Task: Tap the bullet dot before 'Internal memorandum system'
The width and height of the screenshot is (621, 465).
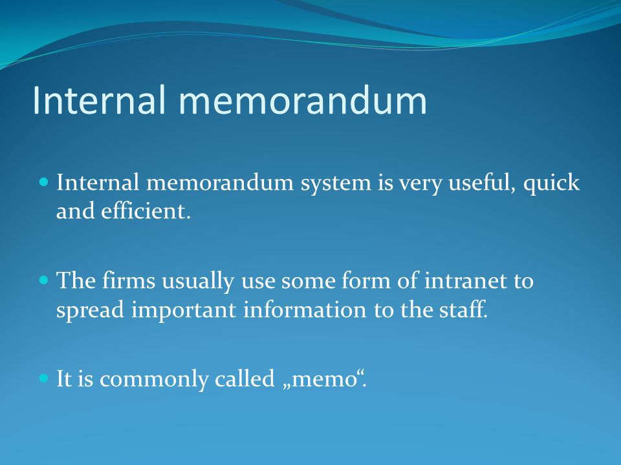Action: [x=44, y=182]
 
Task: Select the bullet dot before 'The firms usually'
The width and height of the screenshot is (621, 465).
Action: [x=44, y=280]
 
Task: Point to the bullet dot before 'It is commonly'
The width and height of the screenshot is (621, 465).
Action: [x=44, y=378]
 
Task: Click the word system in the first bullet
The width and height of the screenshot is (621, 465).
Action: [x=336, y=184]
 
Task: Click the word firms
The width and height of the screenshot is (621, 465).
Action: [x=129, y=280]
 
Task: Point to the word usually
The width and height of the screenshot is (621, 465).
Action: [x=198, y=282]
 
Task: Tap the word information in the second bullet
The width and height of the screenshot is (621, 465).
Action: [x=305, y=309]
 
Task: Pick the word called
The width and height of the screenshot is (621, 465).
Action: [x=245, y=378]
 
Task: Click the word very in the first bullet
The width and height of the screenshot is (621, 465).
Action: [x=419, y=184]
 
